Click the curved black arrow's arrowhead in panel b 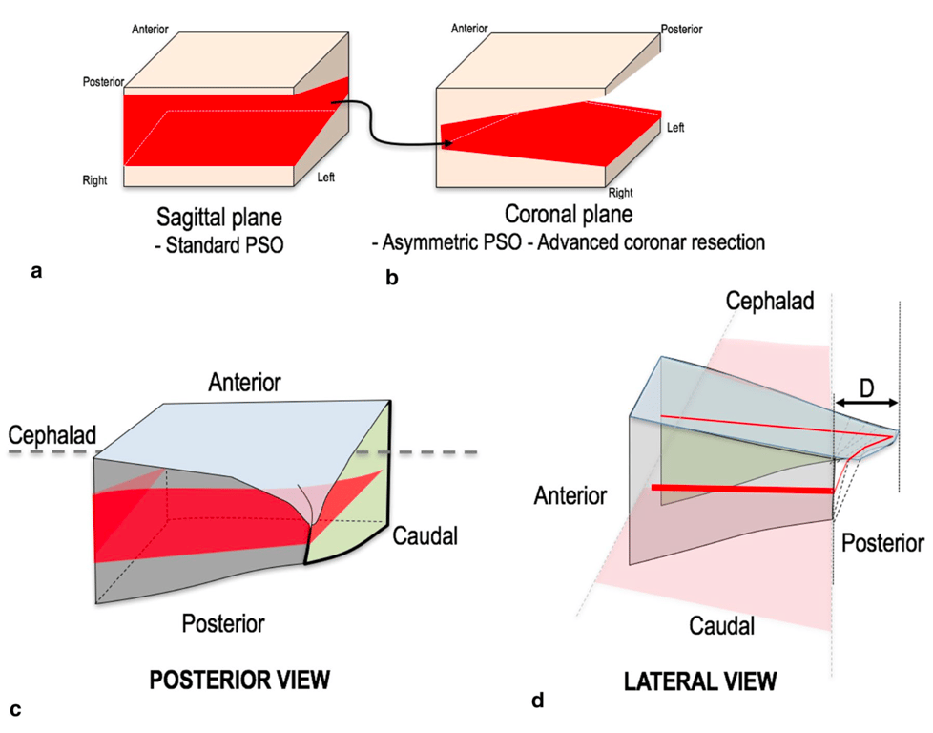tap(446, 145)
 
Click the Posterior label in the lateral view tap(881, 543)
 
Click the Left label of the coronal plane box tap(674, 127)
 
